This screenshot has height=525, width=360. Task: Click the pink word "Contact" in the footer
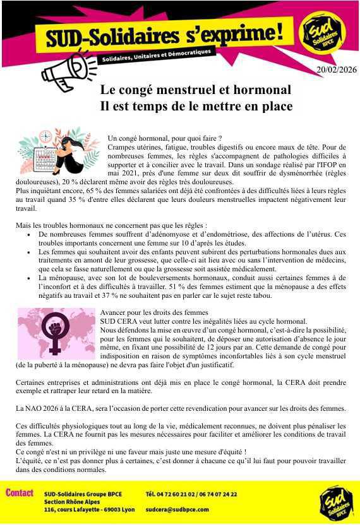[19, 493]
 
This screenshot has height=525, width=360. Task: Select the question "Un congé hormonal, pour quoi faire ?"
[164, 138]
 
